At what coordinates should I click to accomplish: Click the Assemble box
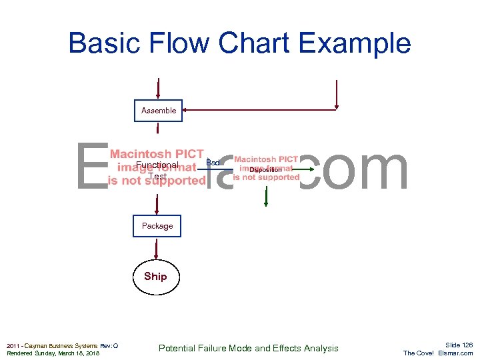point(159,111)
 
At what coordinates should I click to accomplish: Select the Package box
point(157,226)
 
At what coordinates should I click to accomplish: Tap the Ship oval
point(155,276)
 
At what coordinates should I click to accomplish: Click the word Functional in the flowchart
point(157,165)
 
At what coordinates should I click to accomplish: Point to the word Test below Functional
point(157,177)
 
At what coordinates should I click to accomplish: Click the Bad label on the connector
point(213,163)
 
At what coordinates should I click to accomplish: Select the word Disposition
point(265,170)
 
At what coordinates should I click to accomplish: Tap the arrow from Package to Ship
point(156,249)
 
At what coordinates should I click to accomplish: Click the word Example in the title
point(355,43)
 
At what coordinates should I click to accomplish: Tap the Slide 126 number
point(459,345)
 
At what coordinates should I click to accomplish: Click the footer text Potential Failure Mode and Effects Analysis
point(249,348)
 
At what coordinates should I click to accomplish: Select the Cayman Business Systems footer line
point(62,345)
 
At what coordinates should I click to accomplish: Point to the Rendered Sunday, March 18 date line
point(53,353)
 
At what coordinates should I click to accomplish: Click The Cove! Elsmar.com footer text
point(438,353)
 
